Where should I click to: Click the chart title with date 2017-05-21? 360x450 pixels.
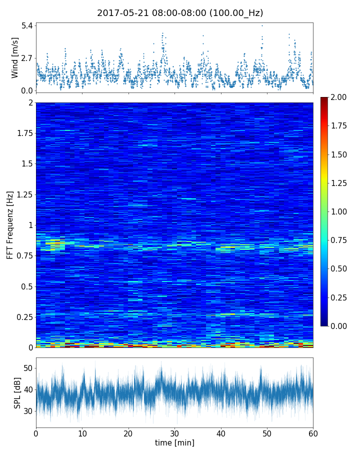click(180, 13)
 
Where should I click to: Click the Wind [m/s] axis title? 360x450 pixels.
click(15, 57)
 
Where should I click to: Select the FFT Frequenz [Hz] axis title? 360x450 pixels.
click(10, 224)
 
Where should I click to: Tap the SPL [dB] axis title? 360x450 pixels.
click(17, 392)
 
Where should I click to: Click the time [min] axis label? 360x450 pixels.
click(174, 442)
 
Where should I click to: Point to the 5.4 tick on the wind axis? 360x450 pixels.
click(26, 25)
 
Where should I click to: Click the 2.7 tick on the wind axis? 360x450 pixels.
click(26, 58)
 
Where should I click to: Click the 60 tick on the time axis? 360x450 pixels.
click(313, 432)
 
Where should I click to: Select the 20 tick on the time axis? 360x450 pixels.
click(128, 432)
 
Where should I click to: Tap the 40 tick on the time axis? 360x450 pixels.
click(221, 432)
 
